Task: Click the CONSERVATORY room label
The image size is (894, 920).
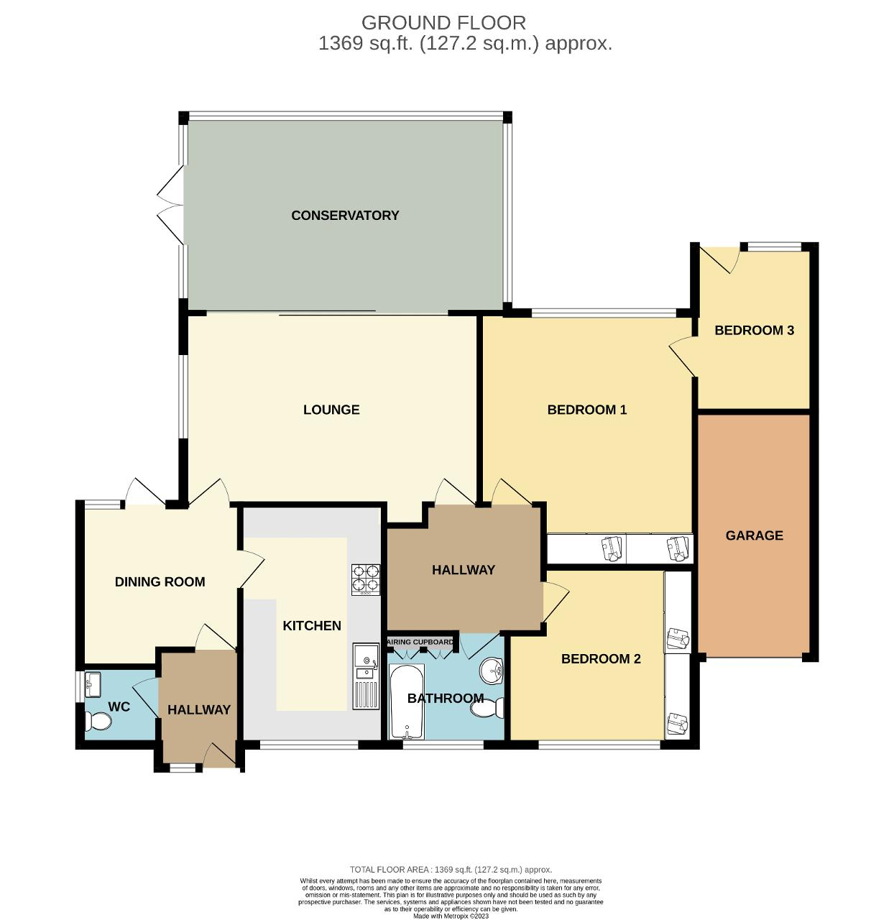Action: click(345, 215)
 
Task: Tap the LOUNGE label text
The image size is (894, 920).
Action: click(331, 410)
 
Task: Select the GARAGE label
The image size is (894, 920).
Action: click(754, 535)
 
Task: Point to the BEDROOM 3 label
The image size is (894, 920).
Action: click(754, 330)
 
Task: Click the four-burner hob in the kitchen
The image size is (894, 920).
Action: click(365, 579)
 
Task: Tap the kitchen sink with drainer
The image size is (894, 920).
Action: click(366, 676)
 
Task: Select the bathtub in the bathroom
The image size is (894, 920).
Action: click(405, 701)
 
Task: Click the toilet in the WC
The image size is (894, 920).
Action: click(98, 722)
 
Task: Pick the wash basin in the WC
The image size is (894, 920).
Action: click(93, 684)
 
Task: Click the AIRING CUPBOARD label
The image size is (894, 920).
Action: click(420, 642)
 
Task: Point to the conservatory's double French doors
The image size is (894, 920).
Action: click(170, 205)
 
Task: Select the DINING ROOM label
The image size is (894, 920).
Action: click(160, 581)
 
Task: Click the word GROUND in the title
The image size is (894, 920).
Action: click(401, 23)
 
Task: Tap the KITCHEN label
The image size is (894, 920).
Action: click(312, 625)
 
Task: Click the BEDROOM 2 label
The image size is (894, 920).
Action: click(600, 658)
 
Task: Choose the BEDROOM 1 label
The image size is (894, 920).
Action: click(586, 410)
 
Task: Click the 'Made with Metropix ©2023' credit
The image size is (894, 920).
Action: click(451, 916)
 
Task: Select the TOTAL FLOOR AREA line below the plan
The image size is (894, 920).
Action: click(451, 870)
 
